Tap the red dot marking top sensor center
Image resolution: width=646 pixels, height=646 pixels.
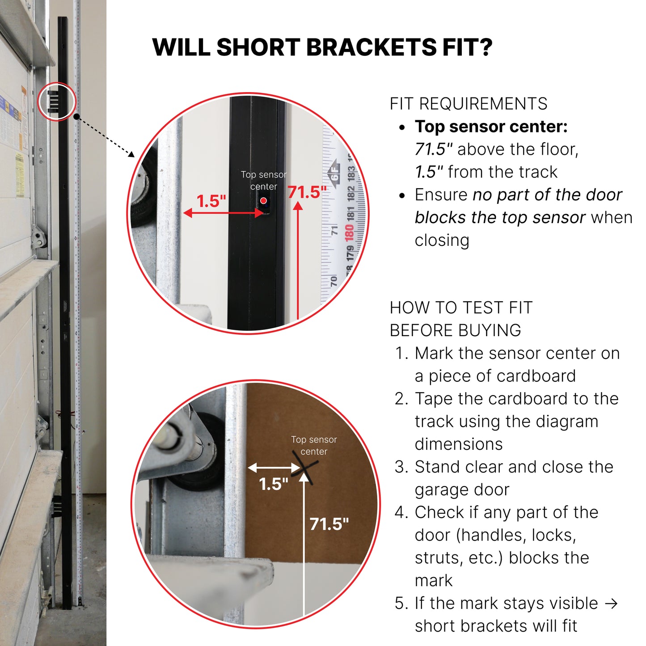(x=263, y=200)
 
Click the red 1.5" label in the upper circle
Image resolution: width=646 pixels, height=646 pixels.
(x=211, y=201)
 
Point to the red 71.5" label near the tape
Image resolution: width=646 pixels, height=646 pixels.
(x=307, y=192)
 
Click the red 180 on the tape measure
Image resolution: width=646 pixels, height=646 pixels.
(x=349, y=233)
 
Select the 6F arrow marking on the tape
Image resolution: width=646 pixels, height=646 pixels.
(x=334, y=172)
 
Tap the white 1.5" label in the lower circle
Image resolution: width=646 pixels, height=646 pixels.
(x=274, y=484)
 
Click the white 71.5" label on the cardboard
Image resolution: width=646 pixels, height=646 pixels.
(x=329, y=524)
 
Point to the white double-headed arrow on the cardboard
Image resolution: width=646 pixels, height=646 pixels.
(x=274, y=467)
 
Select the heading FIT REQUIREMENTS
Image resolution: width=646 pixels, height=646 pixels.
(x=469, y=104)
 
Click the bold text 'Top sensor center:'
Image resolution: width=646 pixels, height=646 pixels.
(x=491, y=127)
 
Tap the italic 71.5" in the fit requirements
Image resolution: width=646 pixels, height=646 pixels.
(x=434, y=149)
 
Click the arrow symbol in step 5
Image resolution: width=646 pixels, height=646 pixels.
(x=612, y=604)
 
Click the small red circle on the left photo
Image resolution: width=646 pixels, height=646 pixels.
(x=57, y=101)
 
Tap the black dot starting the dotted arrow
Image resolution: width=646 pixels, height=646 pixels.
(x=76, y=117)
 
